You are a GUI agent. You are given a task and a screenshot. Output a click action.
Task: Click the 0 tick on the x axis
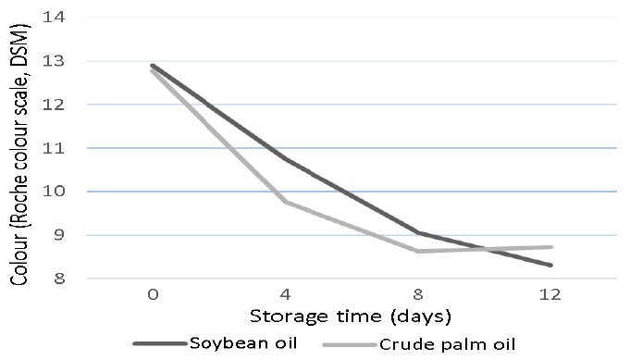pos(152,294)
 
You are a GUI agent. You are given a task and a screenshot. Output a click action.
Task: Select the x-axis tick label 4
pos(284,294)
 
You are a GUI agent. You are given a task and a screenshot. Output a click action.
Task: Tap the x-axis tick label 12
pos(549,294)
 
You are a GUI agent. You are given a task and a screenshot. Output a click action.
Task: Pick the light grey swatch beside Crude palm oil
pos(350,344)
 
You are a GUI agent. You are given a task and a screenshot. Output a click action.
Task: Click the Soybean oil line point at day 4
pos(284,159)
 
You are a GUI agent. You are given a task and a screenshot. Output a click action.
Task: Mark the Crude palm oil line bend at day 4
pos(284,202)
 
